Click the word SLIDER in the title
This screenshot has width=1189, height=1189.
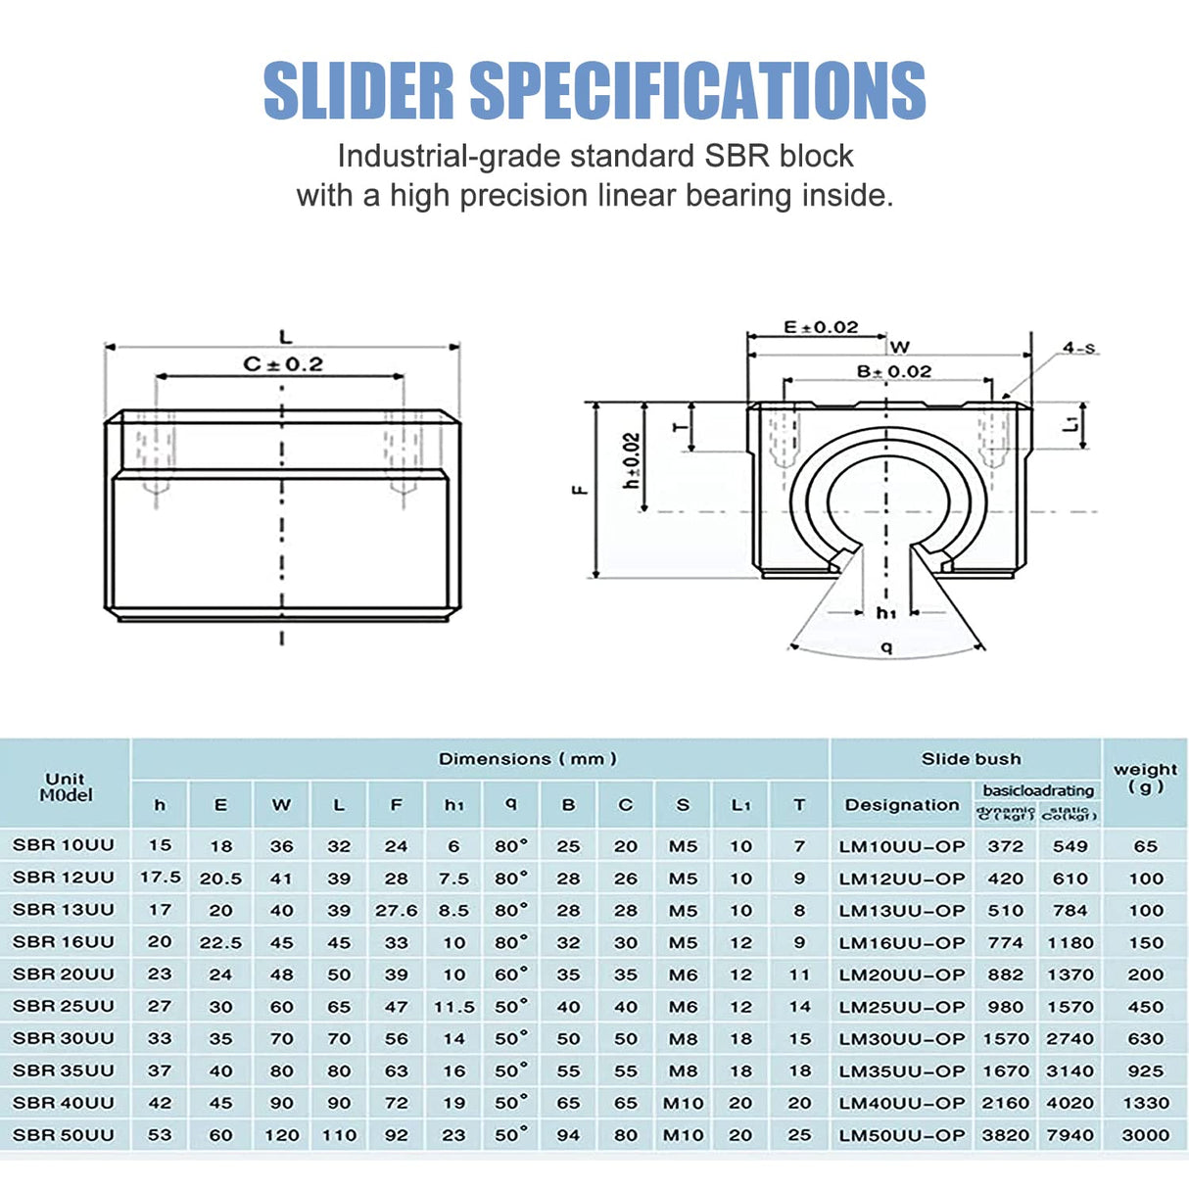point(358,91)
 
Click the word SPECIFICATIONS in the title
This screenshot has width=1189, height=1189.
point(697,91)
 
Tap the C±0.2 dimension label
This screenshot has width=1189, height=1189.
point(283,364)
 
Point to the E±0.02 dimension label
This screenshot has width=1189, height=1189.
point(821,327)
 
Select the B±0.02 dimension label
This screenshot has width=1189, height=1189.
point(894,372)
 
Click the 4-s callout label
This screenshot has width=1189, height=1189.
point(1079,348)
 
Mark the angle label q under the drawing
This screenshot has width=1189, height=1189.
point(887,646)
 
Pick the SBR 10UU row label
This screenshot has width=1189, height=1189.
point(64,845)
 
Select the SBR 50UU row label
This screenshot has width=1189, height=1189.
point(64,1135)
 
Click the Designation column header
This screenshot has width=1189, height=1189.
point(902,805)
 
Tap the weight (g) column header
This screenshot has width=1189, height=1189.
point(1145,778)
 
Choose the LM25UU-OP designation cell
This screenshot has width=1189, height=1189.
point(902,1007)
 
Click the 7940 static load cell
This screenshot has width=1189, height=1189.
point(1070,1135)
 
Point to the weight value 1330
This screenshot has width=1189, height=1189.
point(1145,1103)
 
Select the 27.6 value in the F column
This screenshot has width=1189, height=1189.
point(396,910)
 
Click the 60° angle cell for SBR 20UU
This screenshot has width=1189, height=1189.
point(511,975)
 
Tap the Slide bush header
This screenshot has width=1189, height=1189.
point(971,759)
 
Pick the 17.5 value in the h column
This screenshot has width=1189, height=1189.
point(160,878)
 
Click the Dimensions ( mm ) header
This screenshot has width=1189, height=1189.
point(528,759)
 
